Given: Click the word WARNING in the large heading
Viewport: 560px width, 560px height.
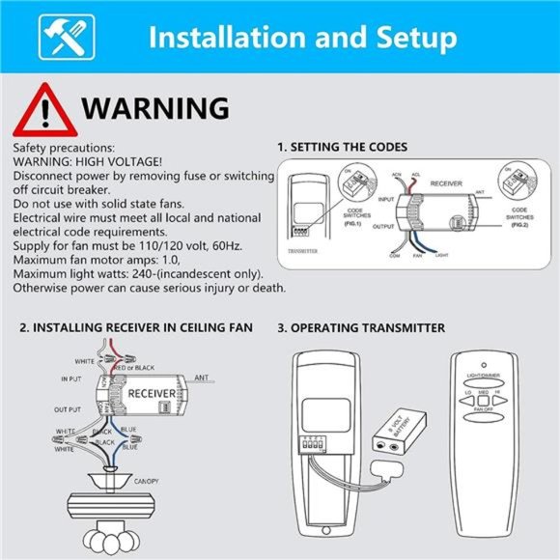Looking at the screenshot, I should pos(155,106).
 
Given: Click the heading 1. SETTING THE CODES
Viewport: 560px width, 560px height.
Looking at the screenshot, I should pos(342,147).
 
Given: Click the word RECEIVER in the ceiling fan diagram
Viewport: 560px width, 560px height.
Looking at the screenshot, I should pos(150,394).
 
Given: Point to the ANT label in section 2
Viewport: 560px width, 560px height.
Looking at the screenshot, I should pos(203,378).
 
